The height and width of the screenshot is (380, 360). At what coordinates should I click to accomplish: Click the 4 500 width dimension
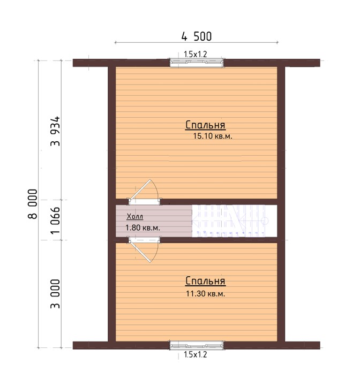(197, 36)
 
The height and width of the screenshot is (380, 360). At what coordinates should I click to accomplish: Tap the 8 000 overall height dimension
(33, 204)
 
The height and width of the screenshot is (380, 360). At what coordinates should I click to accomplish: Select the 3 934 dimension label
(55, 131)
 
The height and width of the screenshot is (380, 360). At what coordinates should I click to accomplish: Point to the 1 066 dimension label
(55, 221)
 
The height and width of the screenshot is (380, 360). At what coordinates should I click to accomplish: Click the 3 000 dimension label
(55, 294)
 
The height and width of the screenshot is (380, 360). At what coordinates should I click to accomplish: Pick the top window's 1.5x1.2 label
(196, 54)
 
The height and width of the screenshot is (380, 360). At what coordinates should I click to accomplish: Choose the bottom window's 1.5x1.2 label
(196, 355)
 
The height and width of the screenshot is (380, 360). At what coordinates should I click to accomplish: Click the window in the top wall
(197, 63)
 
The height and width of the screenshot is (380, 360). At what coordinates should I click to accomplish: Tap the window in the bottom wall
(197, 345)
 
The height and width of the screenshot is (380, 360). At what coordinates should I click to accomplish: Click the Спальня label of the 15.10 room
(205, 125)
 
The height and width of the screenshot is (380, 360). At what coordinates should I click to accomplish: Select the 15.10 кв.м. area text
(213, 136)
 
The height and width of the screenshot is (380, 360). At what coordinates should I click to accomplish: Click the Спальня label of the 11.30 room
(205, 281)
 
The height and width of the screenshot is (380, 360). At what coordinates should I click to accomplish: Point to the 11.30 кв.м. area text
(206, 294)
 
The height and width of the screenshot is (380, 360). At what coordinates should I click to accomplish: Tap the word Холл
(135, 216)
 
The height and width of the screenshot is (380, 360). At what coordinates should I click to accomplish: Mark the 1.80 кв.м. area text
(142, 228)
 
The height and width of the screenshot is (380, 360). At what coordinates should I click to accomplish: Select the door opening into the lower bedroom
(144, 249)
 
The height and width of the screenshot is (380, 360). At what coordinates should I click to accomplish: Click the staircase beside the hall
(234, 221)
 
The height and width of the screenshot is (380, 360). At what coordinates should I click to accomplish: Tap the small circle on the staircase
(265, 221)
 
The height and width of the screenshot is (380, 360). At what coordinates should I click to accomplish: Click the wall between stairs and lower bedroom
(219, 240)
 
